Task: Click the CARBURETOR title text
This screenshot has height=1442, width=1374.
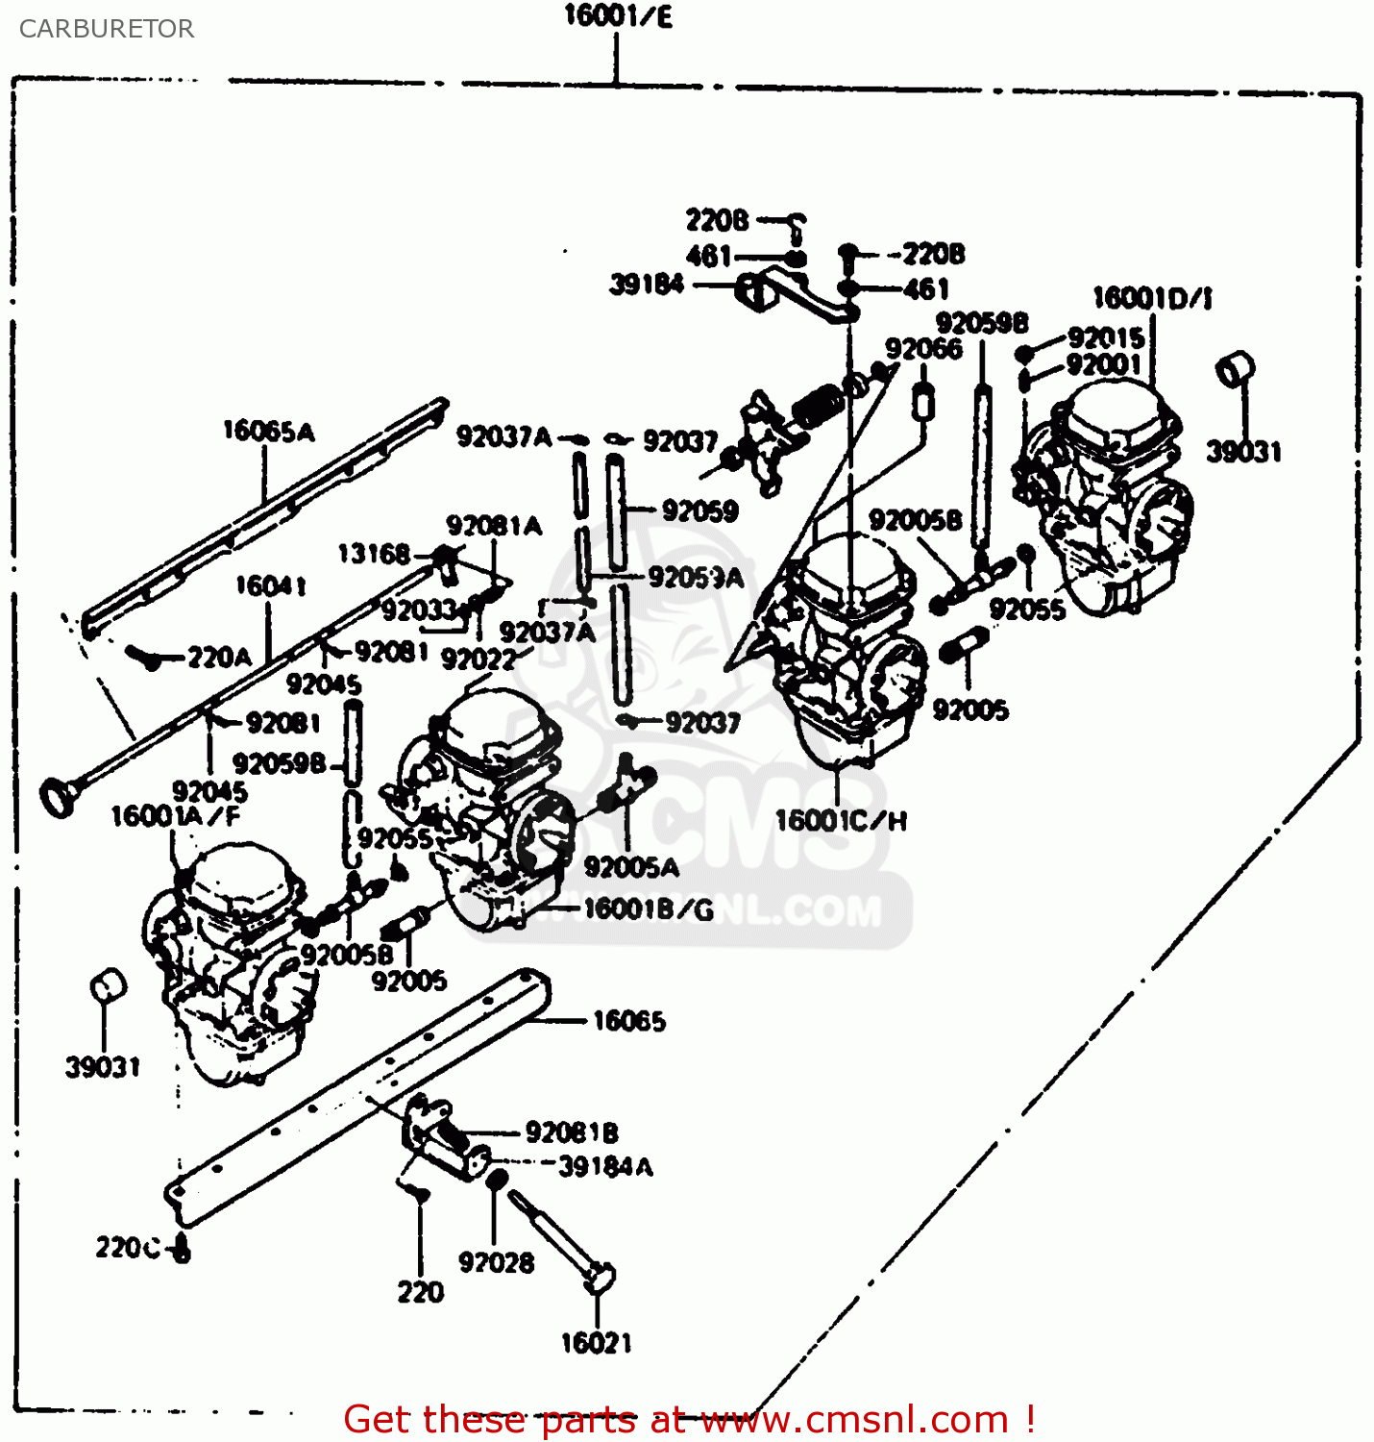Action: point(106,29)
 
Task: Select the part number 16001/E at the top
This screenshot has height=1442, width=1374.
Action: point(617,16)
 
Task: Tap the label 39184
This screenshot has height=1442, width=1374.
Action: point(647,285)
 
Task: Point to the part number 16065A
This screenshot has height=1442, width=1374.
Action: point(268,432)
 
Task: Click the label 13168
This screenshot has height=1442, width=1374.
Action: point(374,554)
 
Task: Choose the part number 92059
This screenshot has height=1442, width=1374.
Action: point(699,510)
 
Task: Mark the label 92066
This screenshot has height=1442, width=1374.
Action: point(923,349)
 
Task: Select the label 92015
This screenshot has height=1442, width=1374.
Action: point(1106,337)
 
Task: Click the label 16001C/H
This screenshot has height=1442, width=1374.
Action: point(841,821)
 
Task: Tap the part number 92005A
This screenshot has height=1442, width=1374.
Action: point(631,867)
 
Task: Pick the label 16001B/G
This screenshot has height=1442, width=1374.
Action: point(649,909)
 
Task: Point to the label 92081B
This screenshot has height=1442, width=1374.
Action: point(572,1132)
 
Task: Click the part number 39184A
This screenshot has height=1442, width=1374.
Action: point(605,1167)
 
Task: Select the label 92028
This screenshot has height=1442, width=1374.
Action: point(496,1262)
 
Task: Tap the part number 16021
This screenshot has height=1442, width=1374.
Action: point(596,1343)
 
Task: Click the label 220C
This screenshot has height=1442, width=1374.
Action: point(128,1248)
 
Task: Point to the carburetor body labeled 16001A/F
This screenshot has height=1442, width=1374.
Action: point(231,961)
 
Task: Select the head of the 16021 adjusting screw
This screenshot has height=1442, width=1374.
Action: point(600,1278)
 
